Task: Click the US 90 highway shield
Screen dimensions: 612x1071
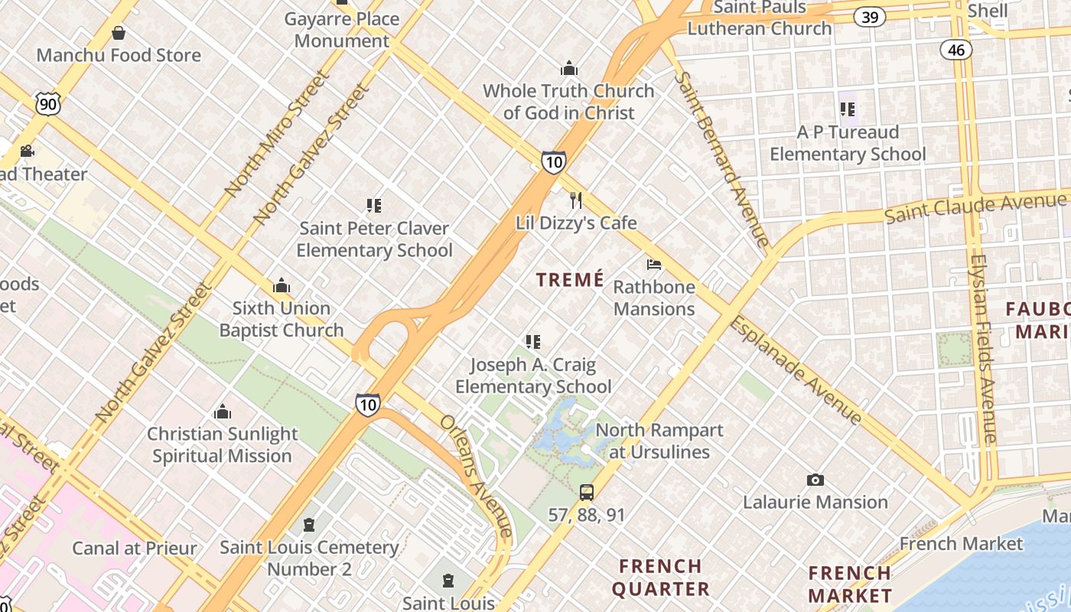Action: pyautogui.click(x=47, y=104)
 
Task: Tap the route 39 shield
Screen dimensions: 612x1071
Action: pyautogui.click(x=870, y=17)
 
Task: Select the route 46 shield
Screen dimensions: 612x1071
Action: pyautogui.click(x=956, y=50)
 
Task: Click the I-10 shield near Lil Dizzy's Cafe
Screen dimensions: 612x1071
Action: pyautogui.click(x=554, y=161)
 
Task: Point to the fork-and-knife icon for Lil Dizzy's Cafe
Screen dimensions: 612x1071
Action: pyautogui.click(x=576, y=200)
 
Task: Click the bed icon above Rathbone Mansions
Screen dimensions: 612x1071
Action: pyautogui.click(x=654, y=265)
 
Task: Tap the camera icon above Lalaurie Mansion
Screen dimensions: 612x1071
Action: pyautogui.click(x=815, y=480)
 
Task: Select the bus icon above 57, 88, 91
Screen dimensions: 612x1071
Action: pyautogui.click(x=586, y=493)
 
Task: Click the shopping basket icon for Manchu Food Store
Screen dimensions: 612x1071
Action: pyautogui.click(x=119, y=33)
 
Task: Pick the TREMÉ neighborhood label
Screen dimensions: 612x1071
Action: pyautogui.click(x=570, y=280)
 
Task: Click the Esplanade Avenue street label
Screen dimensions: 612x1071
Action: pyautogui.click(x=796, y=370)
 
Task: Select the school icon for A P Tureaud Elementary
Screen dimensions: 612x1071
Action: pyautogui.click(x=847, y=109)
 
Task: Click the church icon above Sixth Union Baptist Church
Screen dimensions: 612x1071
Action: pyautogui.click(x=282, y=286)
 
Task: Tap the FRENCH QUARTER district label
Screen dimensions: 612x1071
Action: pyautogui.click(x=660, y=578)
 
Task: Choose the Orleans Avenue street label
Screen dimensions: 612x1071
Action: pyautogui.click(x=476, y=475)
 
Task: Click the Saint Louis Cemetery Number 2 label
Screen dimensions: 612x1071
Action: pyautogui.click(x=309, y=558)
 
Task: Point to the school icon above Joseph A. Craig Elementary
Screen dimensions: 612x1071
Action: pyautogui.click(x=533, y=342)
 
